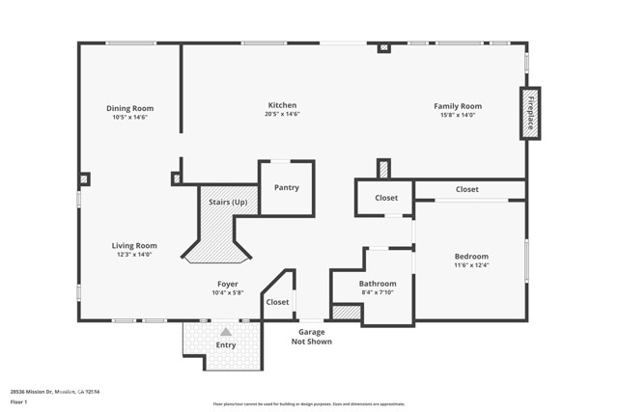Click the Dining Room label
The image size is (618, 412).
[x=130, y=108]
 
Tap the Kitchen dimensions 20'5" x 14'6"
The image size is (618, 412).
[x=282, y=115]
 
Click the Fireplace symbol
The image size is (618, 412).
[x=530, y=113]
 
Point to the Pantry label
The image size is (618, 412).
[x=287, y=187]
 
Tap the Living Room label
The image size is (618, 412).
[x=134, y=245]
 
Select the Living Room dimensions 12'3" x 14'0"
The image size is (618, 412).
[x=134, y=255]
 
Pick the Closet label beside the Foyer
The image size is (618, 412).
[x=277, y=302]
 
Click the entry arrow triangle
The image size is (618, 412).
[x=226, y=331]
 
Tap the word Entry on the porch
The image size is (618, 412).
[x=226, y=344]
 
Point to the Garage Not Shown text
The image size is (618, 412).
[x=311, y=336]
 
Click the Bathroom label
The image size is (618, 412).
[x=378, y=284]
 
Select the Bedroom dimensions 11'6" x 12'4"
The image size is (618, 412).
[x=472, y=265]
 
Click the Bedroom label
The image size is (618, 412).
[x=472, y=256]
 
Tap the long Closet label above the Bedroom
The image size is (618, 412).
[x=466, y=189]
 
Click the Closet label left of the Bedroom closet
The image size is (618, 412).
[x=386, y=198]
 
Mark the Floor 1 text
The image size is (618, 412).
[x=19, y=401]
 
